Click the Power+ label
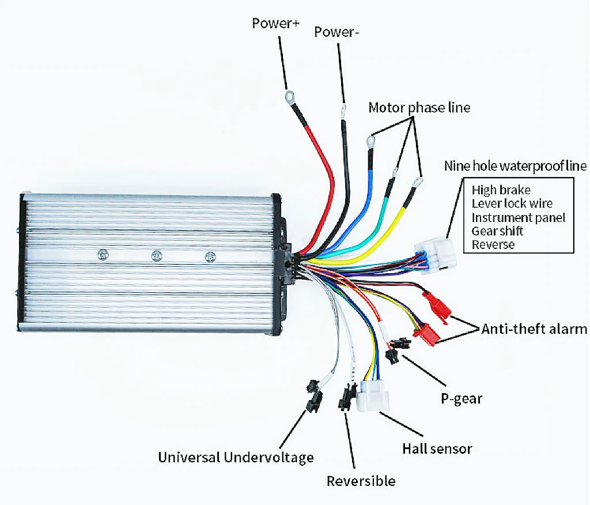276,24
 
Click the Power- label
337,32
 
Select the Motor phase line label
419,107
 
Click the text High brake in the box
501,190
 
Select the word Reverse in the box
493,244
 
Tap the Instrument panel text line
518,217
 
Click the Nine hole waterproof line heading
515,166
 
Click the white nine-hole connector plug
437,256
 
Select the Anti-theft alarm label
534,329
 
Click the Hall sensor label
437,448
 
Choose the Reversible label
361,481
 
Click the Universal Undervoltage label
236,458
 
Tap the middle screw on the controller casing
155,255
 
